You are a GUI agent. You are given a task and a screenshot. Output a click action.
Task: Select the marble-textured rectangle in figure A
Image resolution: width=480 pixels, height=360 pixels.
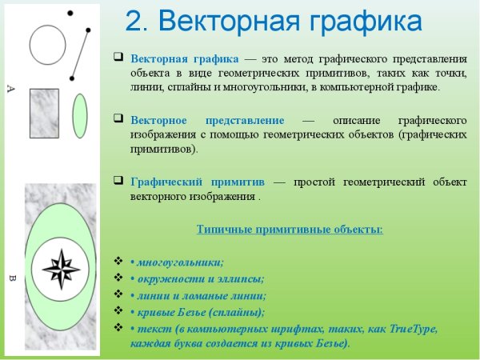(x=44, y=113)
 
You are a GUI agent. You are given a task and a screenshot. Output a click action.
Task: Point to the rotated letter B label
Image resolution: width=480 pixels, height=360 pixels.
(x=11, y=279)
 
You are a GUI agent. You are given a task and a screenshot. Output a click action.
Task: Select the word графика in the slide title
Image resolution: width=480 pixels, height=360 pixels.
(x=358, y=22)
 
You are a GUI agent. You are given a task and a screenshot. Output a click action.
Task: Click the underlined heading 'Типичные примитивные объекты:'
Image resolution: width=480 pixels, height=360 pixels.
(x=290, y=230)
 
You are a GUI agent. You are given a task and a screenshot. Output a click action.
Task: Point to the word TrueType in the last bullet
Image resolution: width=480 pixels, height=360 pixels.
(x=435, y=328)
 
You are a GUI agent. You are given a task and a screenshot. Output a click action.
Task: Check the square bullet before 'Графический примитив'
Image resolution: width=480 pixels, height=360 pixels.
(x=118, y=181)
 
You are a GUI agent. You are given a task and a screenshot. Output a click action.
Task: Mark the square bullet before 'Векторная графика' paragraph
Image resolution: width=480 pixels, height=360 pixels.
(x=118, y=58)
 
